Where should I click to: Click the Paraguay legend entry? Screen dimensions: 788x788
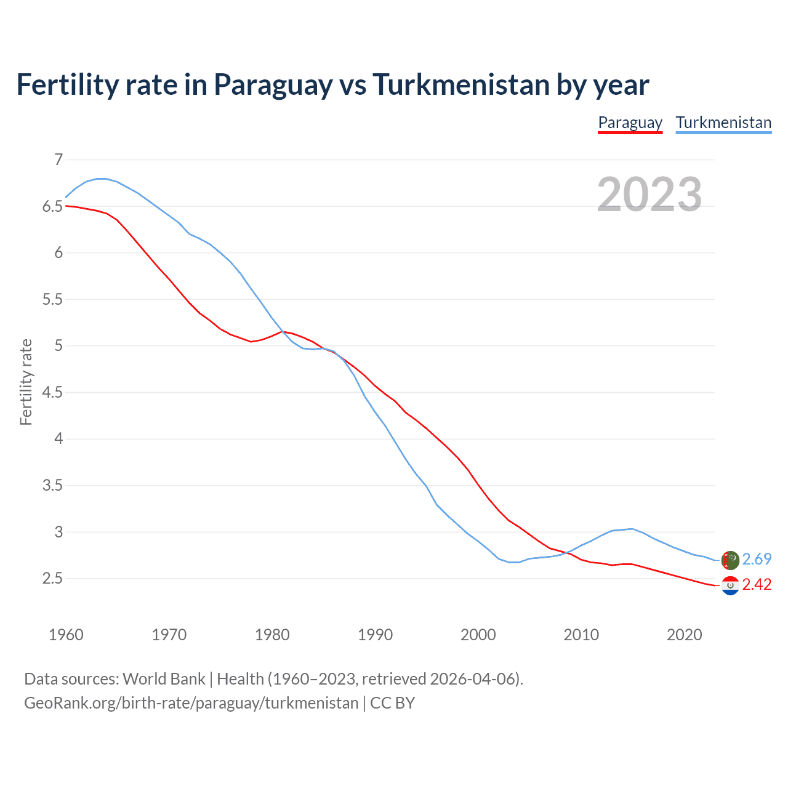[x=630, y=123]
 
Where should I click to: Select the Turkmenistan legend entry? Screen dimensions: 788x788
[x=723, y=123]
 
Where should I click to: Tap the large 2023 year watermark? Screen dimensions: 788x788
[x=649, y=195]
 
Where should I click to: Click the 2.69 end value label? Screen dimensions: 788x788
[x=757, y=559]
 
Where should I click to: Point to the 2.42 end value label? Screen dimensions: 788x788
[x=757, y=584]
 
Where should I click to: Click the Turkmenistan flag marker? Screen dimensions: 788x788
[x=730, y=560]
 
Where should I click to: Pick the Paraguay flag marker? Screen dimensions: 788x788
[x=730, y=585]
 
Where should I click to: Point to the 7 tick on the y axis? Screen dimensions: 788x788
[x=58, y=160]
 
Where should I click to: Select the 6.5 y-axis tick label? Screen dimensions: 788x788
[x=52, y=207]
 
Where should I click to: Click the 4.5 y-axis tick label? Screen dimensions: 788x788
[x=52, y=393]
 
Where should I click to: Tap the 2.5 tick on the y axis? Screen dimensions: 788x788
[x=52, y=579]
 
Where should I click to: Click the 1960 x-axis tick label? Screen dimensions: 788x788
[x=66, y=635]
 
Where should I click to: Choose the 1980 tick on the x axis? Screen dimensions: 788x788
[x=272, y=635]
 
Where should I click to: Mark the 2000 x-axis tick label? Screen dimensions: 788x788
[x=478, y=635]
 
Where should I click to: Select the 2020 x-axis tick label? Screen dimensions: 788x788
[x=684, y=635]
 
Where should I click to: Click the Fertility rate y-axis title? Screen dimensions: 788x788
[x=26, y=382]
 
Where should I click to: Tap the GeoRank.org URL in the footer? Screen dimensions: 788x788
[x=191, y=703]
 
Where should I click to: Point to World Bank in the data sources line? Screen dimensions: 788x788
[x=164, y=679]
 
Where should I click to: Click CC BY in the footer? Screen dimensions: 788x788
[x=393, y=703]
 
